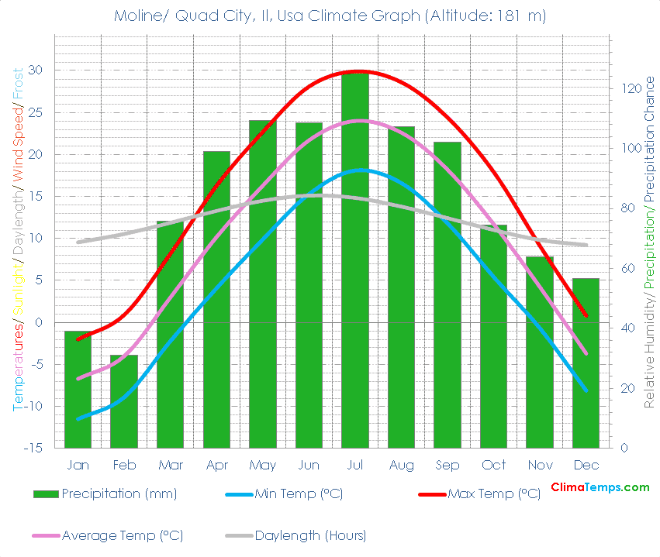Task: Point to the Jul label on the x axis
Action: coord(355,465)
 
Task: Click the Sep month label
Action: coord(447,465)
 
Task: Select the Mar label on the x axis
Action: coord(170,465)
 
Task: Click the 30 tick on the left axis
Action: coord(36,70)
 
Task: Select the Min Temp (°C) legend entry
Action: coord(299,493)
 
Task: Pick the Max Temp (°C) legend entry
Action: coord(494,493)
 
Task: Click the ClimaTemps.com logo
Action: coord(600,487)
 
